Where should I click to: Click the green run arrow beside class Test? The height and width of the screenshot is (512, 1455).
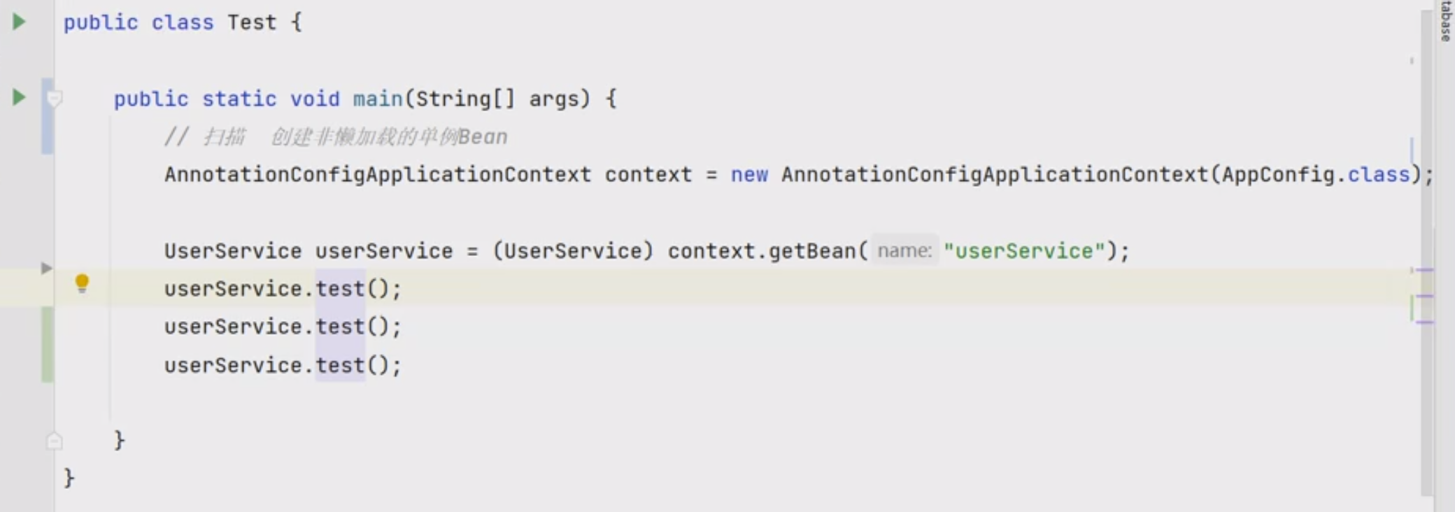pyautogui.click(x=19, y=22)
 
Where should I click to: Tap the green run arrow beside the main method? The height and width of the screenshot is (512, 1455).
pyautogui.click(x=19, y=97)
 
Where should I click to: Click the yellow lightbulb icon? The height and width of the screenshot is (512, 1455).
pyautogui.click(x=82, y=283)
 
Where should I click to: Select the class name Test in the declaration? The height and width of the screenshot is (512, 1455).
pyautogui.click(x=252, y=22)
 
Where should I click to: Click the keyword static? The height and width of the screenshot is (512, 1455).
pyautogui.click(x=239, y=99)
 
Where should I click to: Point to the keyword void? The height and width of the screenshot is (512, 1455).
pyautogui.click(x=315, y=99)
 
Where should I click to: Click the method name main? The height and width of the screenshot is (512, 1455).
pyautogui.click(x=378, y=99)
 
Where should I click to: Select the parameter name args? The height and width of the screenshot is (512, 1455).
pyautogui.click(x=554, y=99)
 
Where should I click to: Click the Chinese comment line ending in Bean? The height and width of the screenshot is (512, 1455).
pyautogui.click(x=336, y=136)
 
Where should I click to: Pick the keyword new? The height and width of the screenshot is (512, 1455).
pyautogui.click(x=749, y=174)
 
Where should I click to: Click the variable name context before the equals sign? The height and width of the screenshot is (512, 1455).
pyautogui.click(x=648, y=174)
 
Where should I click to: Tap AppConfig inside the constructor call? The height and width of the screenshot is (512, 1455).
pyautogui.click(x=1277, y=174)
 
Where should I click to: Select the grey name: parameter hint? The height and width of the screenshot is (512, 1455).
pyautogui.click(x=904, y=251)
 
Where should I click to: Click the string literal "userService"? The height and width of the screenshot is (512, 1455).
pyautogui.click(x=1024, y=251)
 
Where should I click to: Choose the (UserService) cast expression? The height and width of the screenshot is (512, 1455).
pyautogui.click(x=573, y=251)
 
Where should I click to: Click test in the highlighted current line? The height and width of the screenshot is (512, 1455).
pyautogui.click(x=340, y=289)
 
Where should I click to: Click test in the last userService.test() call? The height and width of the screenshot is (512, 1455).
pyautogui.click(x=340, y=365)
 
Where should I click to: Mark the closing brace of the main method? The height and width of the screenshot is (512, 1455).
pyautogui.click(x=120, y=440)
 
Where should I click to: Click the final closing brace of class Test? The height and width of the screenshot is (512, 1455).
pyautogui.click(x=69, y=478)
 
